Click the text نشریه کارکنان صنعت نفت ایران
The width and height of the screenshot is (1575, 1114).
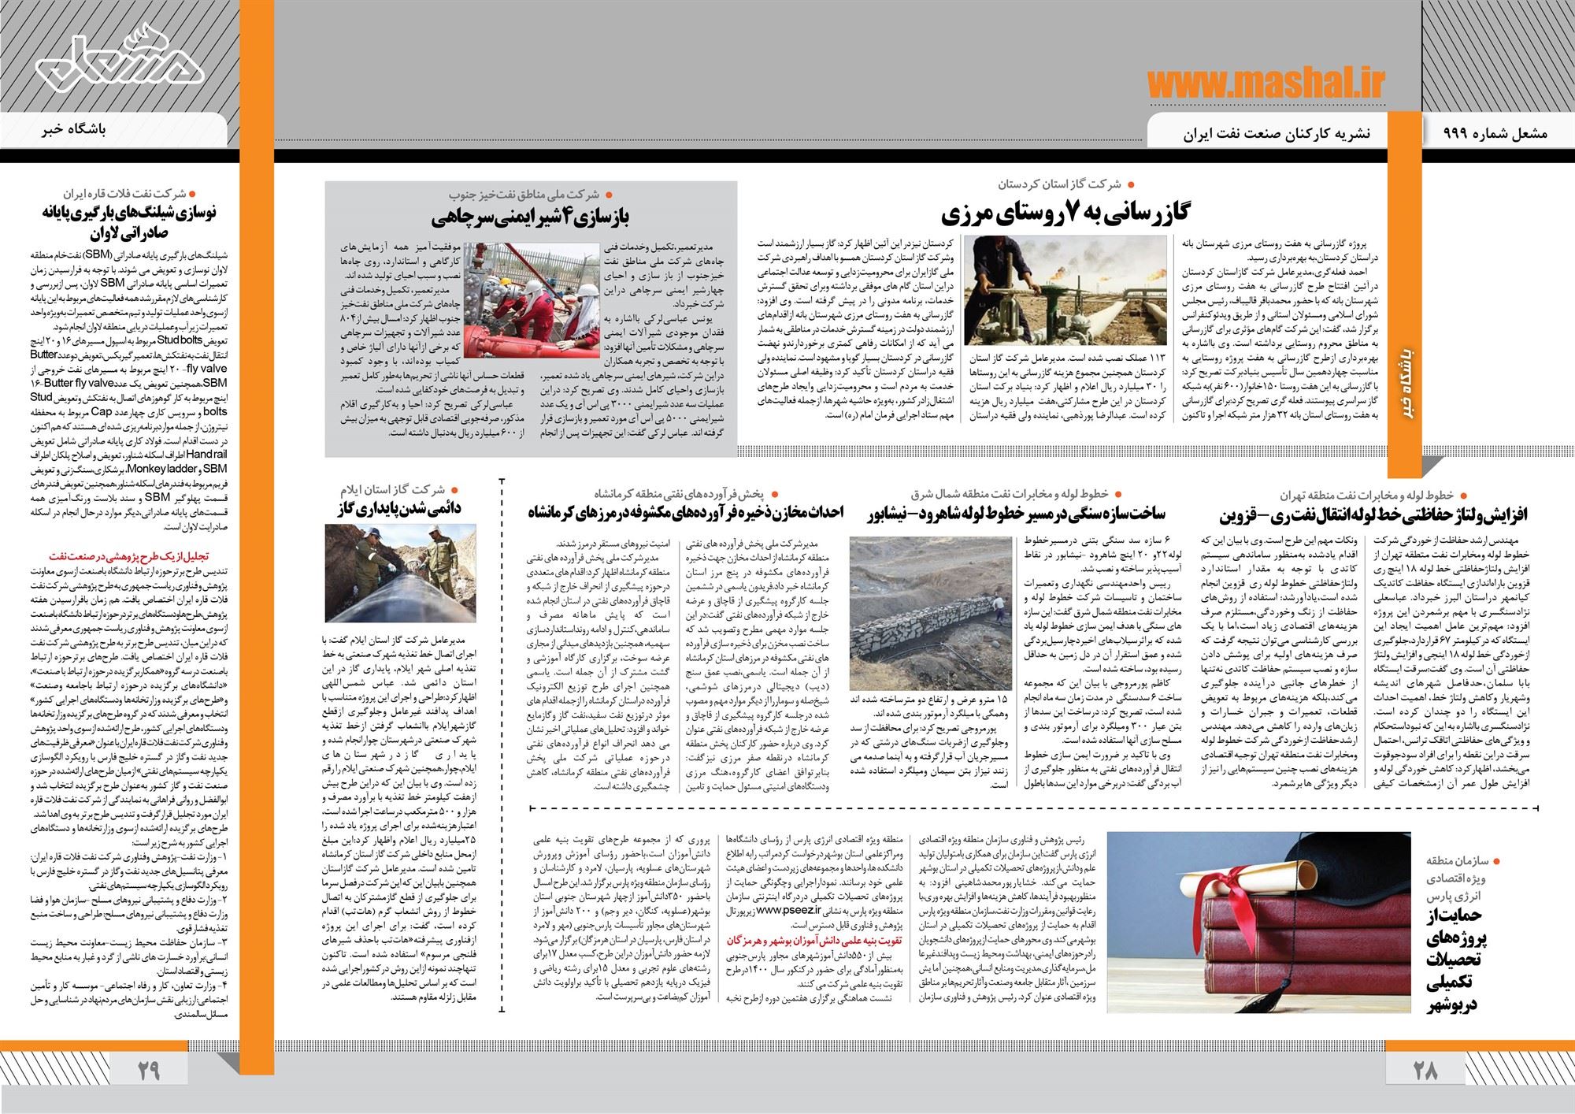[1276, 135]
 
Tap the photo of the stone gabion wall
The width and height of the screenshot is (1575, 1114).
[925, 615]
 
